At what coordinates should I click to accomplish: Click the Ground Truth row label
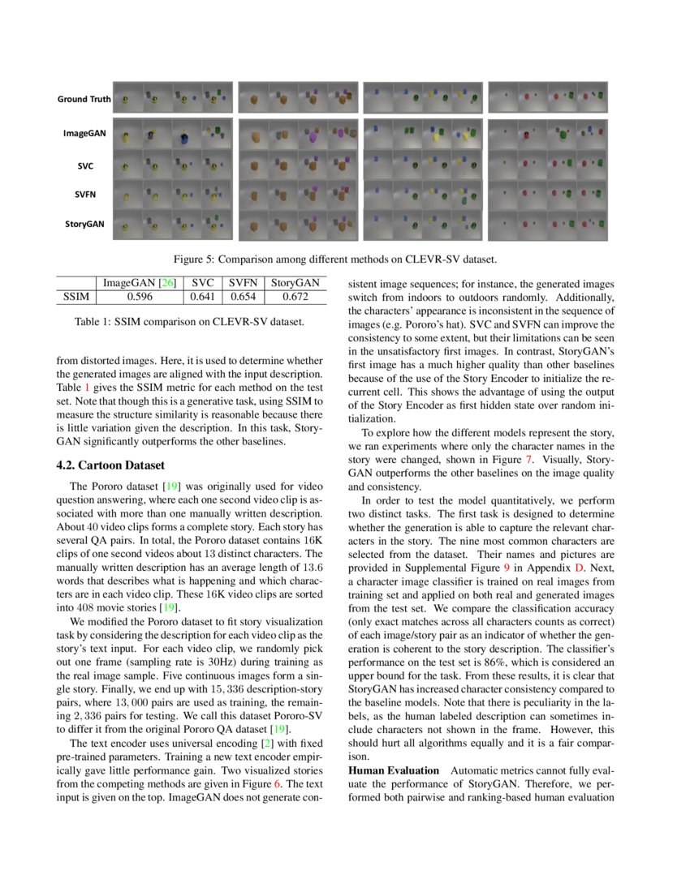point(84,100)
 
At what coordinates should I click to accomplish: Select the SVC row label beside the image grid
point(84,166)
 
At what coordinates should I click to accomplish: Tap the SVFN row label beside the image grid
point(84,195)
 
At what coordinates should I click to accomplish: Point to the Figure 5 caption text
point(334,260)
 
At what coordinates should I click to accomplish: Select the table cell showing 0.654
point(241,298)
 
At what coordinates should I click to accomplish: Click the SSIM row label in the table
point(75,298)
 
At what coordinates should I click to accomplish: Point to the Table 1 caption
point(189,322)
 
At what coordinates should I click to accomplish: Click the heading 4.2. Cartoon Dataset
point(110,465)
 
